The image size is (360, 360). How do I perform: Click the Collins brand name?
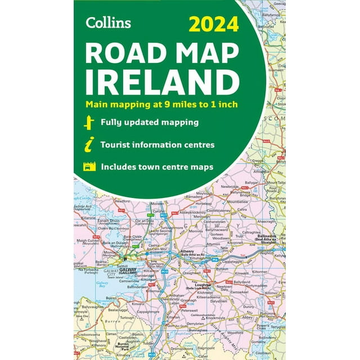[108, 22]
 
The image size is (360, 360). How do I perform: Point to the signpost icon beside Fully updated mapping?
[87, 123]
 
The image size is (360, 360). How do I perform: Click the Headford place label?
[123, 200]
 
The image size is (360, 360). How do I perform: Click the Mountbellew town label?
[237, 201]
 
